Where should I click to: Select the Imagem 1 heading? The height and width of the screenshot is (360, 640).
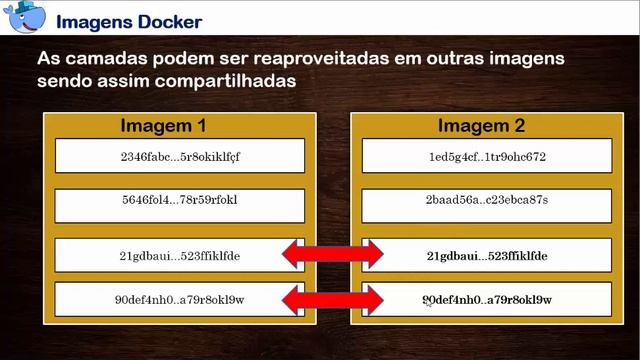point(163,127)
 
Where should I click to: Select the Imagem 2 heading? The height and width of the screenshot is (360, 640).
point(481,127)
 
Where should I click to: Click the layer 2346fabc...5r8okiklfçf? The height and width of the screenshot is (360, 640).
point(180,156)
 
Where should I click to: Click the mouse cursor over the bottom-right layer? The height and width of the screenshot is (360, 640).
point(427,301)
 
